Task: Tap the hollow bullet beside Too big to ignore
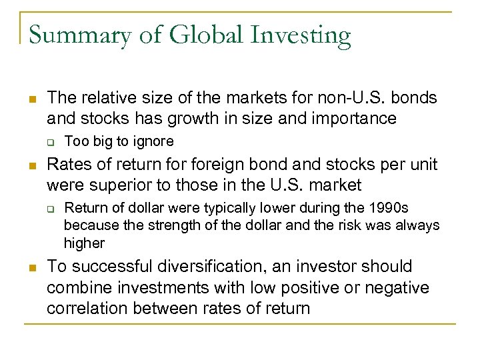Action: (50, 141)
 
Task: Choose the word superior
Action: (124, 184)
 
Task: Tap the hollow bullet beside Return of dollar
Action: (50, 207)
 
